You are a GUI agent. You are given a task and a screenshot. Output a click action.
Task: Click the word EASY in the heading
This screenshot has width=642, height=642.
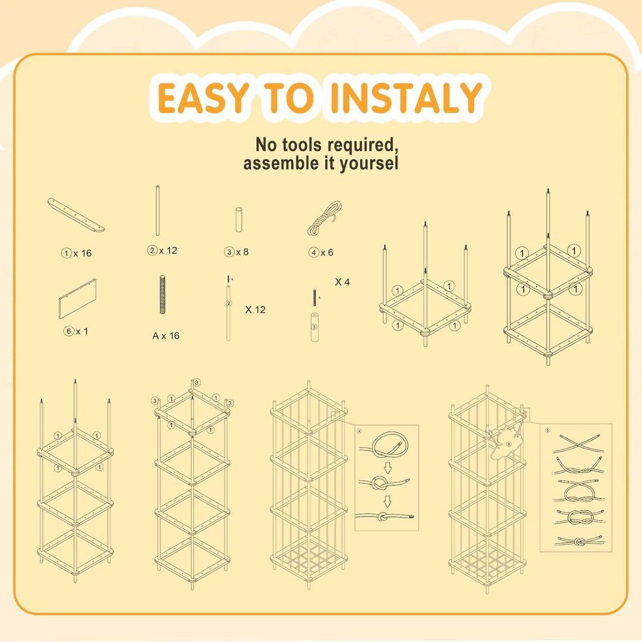point(203,98)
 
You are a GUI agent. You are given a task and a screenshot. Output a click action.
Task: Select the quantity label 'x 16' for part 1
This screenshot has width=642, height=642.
point(82,253)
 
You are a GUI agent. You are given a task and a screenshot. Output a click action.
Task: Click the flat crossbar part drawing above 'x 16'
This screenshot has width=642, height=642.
point(76,215)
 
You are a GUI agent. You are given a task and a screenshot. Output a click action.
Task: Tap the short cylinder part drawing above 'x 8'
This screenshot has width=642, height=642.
point(239,220)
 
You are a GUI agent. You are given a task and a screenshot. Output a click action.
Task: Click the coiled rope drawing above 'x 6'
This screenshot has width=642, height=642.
point(325,218)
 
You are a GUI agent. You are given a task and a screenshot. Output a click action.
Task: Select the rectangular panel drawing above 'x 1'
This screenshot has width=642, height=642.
point(77,299)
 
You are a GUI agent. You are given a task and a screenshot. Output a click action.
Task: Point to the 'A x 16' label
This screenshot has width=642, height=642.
point(166,336)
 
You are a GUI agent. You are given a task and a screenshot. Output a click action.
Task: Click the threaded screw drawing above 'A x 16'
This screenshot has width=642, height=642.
point(162,295)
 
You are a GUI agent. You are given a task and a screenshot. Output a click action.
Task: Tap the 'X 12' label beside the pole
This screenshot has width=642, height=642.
point(256,310)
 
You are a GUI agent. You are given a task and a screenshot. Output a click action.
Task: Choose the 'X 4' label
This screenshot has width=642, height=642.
point(342,282)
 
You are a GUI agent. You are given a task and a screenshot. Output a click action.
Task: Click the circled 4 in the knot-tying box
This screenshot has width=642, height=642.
point(360,431)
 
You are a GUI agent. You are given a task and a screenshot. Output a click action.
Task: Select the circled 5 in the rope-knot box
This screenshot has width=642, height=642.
point(548,430)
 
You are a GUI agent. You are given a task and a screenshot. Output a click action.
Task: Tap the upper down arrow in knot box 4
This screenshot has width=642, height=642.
point(388,467)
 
